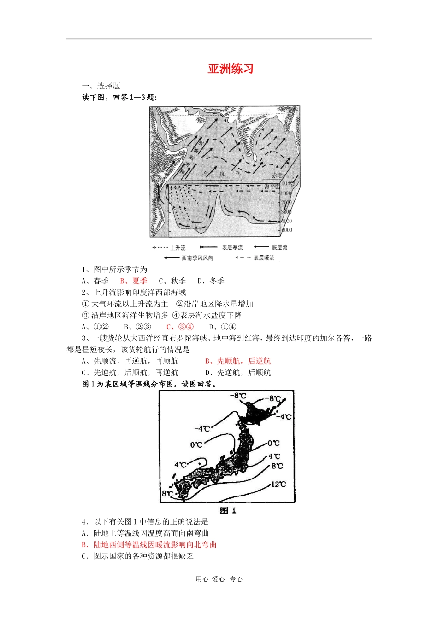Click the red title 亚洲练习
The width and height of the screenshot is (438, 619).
[x=231, y=69]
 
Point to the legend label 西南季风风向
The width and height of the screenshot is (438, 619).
[x=197, y=258]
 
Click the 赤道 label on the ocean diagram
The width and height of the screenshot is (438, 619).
[x=277, y=175]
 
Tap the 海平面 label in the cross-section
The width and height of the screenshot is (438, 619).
[x=272, y=187]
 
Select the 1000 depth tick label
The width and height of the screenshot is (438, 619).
[x=286, y=193]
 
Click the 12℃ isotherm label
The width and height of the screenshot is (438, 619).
[x=278, y=484]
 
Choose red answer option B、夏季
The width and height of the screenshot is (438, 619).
[x=134, y=281]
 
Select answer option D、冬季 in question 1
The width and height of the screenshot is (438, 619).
[x=211, y=281]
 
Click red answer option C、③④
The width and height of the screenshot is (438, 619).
[x=180, y=327]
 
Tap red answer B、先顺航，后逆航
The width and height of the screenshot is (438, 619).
[x=238, y=362]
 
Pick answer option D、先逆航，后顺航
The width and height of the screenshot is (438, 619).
[x=238, y=373]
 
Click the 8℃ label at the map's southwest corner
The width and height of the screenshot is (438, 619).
[x=167, y=494]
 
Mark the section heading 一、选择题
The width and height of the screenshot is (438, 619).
[x=101, y=86]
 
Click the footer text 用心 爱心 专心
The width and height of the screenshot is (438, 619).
[x=219, y=579]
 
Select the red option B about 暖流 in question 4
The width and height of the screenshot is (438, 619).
[x=149, y=544]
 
